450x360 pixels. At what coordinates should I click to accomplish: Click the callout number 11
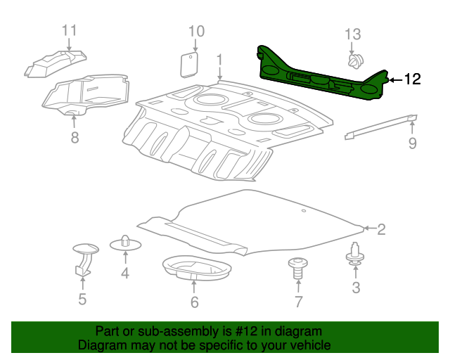[70, 30]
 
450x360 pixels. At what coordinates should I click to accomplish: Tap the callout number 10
[196, 32]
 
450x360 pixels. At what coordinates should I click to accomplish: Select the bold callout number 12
[413, 79]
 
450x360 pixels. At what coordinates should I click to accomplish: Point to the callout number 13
[353, 34]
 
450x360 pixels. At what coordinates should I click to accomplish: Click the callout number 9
[413, 143]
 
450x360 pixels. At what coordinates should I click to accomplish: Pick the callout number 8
[75, 137]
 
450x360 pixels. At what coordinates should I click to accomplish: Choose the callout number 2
[381, 229]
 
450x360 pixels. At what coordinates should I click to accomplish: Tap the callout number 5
[82, 299]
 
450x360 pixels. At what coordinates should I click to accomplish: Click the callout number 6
[195, 302]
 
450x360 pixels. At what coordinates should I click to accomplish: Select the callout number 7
[299, 302]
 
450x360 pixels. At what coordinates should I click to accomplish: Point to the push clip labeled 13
[356, 61]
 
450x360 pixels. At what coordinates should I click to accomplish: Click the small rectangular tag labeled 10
[189, 65]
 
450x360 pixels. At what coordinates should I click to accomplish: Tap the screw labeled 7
[298, 268]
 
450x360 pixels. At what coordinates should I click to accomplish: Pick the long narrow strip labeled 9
[381, 127]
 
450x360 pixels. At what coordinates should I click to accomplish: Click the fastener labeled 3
[355, 254]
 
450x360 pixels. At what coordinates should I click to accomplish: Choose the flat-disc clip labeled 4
[125, 243]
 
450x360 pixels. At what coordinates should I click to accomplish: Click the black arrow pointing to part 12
[395, 80]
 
